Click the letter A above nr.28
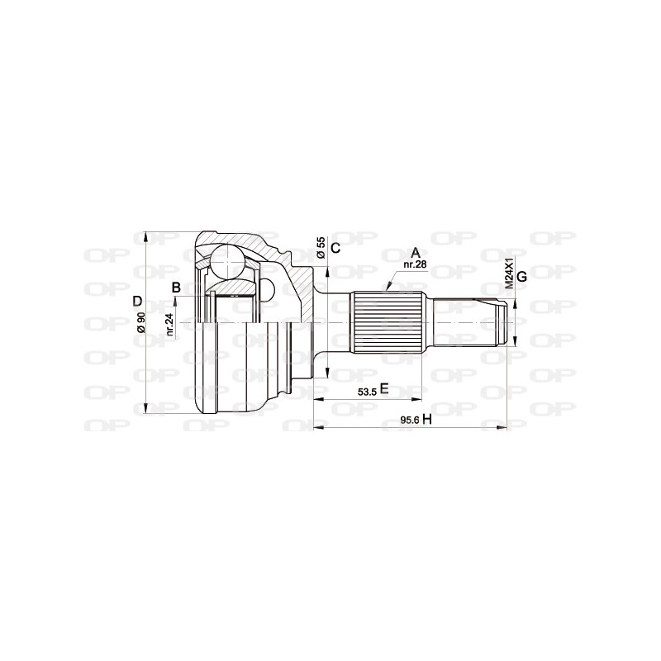(416, 252)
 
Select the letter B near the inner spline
(175, 288)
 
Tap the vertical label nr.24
(169, 323)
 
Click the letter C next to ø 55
(335, 247)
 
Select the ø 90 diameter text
(141, 321)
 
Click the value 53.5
(367, 392)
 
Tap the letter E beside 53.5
(384, 390)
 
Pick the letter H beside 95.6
(427, 419)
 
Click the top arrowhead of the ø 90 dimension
(147, 236)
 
